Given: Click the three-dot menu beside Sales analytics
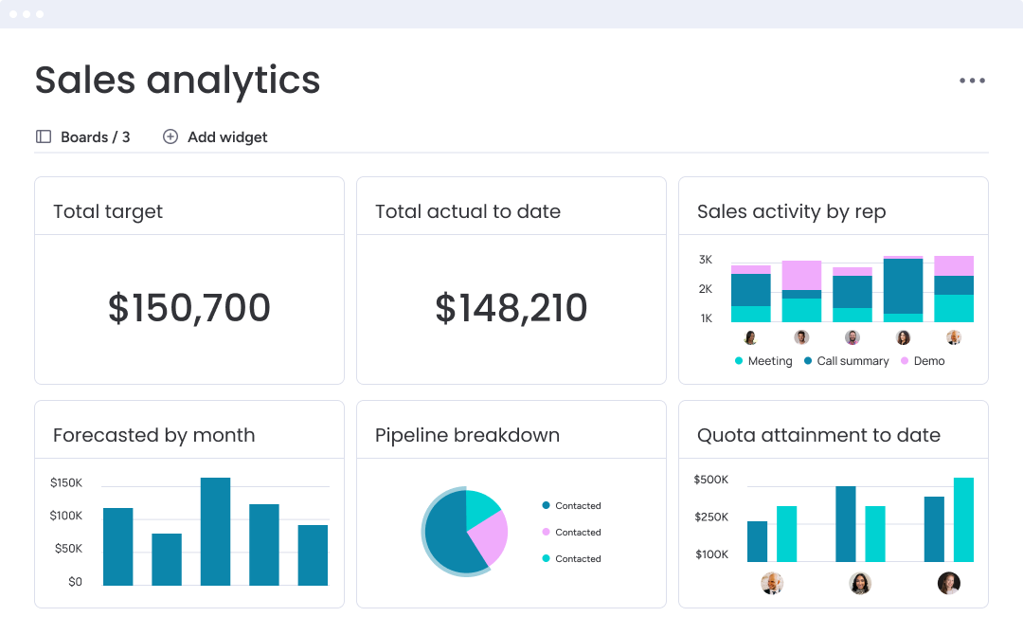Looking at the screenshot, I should (x=972, y=81).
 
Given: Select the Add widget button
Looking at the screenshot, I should (x=215, y=136).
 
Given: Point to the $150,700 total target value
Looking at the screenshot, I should (x=189, y=308).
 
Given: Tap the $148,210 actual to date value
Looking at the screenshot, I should (x=511, y=308).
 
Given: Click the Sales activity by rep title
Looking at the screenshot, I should (x=791, y=211).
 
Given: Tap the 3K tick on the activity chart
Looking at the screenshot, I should (x=706, y=259).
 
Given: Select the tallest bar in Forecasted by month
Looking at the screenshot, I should (x=215, y=531).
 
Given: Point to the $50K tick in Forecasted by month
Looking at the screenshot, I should (x=66, y=548).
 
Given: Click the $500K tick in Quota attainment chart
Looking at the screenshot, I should (x=711, y=480).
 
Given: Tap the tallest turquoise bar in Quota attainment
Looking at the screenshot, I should (x=963, y=519).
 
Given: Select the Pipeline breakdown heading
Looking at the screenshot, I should (x=467, y=435).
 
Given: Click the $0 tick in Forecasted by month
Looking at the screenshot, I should (x=75, y=581).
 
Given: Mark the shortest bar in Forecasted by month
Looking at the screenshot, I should (x=166, y=559).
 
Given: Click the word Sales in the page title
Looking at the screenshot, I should (x=85, y=81).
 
